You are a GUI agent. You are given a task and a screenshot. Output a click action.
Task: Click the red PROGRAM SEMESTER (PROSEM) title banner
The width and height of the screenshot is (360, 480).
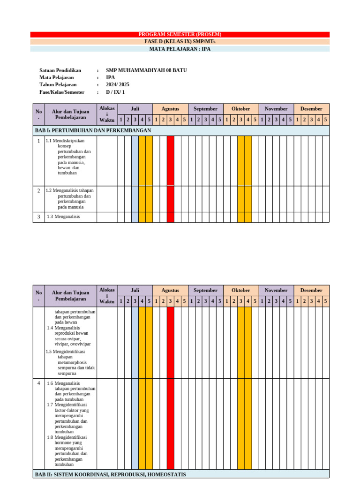tap(180, 34)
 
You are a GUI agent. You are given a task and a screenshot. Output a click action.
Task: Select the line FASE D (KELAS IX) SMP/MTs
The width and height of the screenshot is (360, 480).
tap(180, 41)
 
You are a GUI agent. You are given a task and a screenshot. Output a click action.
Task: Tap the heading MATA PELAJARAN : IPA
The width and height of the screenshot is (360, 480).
tap(180, 49)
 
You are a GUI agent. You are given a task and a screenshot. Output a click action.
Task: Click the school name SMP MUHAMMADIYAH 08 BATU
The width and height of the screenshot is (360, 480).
tap(146, 70)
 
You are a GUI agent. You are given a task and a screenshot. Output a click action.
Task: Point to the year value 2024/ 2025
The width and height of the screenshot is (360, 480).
tap(118, 85)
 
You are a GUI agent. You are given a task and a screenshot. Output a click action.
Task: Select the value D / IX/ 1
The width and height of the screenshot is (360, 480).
tap(115, 92)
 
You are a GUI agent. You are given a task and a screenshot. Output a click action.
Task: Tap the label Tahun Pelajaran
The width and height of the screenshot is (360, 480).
tap(58, 85)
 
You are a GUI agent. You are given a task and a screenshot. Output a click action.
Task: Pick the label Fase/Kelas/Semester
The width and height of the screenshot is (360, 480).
tap(62, 92)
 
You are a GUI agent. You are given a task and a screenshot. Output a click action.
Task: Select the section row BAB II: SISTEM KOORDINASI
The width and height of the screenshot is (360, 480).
tap(110, 474)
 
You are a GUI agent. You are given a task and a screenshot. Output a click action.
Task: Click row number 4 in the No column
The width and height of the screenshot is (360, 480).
tap(39, 383)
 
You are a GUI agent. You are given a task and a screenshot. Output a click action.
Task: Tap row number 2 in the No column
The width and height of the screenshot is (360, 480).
tap(39, 191)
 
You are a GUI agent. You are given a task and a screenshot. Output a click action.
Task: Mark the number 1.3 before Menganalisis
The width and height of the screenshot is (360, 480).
tap(50, 217)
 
